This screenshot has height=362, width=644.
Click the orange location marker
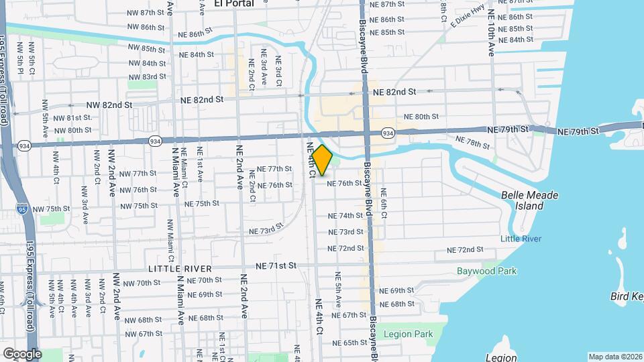pos(322,160)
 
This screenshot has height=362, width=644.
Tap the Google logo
pos(21,353)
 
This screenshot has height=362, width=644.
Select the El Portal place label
pos(234,3)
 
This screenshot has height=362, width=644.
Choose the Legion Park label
pos(405,333)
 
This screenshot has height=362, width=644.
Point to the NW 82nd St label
pos(110,105)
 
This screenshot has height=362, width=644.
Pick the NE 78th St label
pos(473,143)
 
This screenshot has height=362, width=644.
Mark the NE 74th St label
pos(345,216)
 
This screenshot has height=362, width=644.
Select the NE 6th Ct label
pos(384,206)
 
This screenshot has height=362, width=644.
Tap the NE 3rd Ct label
pos(278,72)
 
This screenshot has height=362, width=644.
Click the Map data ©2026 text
pos(615,357)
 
